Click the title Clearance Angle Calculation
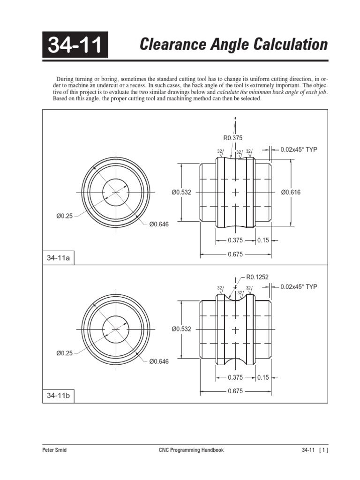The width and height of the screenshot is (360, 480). (x=234, y=45)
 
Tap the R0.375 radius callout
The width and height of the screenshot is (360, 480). (x=232, y=138)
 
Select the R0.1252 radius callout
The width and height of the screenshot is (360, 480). (x=257, y=277)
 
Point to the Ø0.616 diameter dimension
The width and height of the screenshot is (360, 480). (x=291, y=192)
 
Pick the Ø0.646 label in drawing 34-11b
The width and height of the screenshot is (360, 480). (x=159, y=361)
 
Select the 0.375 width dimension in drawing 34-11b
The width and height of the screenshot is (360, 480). (x=235, y=377)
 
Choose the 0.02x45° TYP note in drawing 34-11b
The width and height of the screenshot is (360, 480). (x=299, y=286)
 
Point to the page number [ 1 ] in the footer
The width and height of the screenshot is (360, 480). (x=322, y=450)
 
